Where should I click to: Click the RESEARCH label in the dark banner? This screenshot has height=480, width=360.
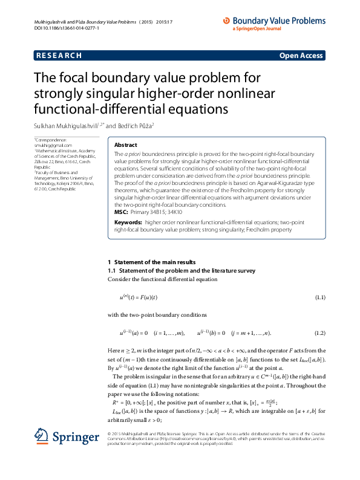tap(59, 56)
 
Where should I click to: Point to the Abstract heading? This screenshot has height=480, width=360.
tap(126, 145)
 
